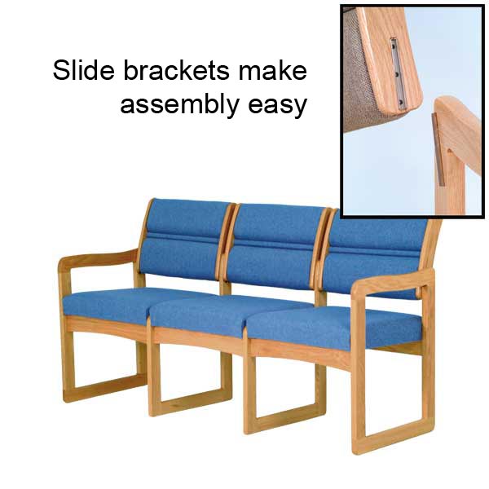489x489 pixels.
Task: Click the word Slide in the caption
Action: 84,70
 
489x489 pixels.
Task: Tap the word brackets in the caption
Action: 177,70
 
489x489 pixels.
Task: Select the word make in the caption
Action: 272,70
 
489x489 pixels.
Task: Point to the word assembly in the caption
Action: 179,105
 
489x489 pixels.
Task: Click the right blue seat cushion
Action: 333,328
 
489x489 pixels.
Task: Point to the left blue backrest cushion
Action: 184,240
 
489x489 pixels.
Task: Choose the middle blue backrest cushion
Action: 275,246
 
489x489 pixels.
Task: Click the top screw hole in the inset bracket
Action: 394,46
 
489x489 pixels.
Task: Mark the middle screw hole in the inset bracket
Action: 397,75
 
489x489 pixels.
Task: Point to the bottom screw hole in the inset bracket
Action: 400,103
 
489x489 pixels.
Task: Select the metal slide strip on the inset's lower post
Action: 438,150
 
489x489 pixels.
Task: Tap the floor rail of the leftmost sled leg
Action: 106,388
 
